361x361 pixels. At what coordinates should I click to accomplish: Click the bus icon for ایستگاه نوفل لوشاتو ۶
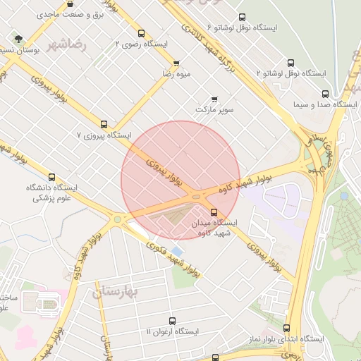tap(243, 17)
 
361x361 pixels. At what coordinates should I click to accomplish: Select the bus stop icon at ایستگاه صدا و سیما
tap(325, 93)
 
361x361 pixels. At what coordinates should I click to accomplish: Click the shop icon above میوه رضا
tap(176, 63)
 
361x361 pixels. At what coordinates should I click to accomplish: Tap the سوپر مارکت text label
tap(214, 111)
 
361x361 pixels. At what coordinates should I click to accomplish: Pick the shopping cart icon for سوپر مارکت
tap(214, 99)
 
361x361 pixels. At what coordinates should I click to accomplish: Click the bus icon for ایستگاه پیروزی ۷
tap(104, 123)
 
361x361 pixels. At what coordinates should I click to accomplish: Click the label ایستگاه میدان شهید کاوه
tap(214, 227)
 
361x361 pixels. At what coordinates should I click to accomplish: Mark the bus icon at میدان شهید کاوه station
tap(214, 212)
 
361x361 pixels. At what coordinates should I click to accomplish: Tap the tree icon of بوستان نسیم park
tap(17, 39)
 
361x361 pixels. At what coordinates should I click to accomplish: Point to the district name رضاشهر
tap(67, 44)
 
